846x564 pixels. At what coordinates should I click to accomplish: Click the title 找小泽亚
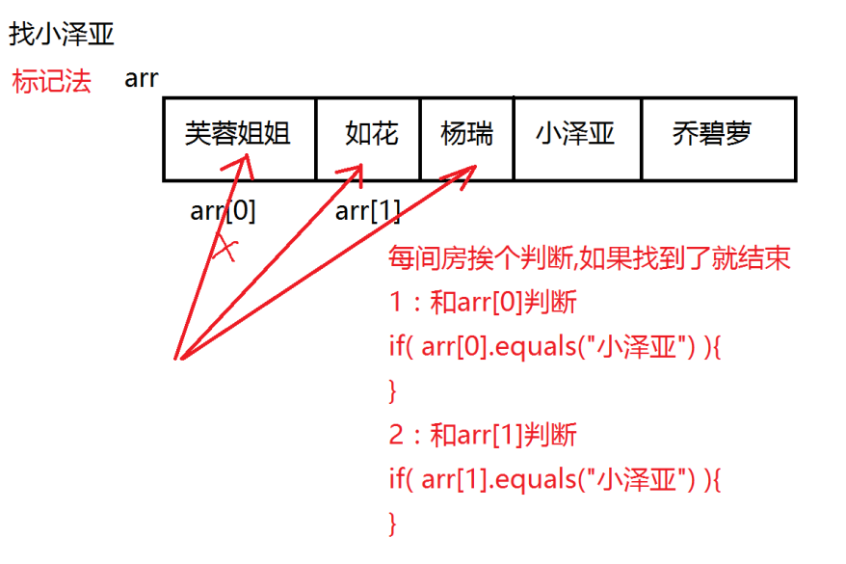coord(62,36)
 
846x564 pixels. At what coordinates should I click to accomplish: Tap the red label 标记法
coord(51,81)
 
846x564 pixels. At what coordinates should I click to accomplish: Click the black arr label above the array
coord(141,79)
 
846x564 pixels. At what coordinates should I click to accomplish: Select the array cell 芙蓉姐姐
coord(238,134)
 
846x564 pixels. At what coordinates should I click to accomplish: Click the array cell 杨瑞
coord(466,134)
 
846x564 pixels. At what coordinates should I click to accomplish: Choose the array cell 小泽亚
coord(575,134)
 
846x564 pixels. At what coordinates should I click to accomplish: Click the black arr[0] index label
coord(224,211)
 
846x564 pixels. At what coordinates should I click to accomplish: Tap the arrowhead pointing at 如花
coord(354,171)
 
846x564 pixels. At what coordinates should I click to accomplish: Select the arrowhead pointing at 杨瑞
coord(467,172)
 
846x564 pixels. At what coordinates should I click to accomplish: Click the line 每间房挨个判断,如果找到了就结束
coord(589,258)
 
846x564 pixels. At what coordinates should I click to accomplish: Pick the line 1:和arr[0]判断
coord(483,303)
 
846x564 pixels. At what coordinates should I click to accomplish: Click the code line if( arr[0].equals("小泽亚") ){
coord(555,346)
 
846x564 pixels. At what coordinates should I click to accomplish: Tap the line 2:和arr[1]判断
coord(483,435)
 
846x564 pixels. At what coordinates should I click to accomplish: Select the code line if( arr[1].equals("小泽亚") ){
coord(555,478)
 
